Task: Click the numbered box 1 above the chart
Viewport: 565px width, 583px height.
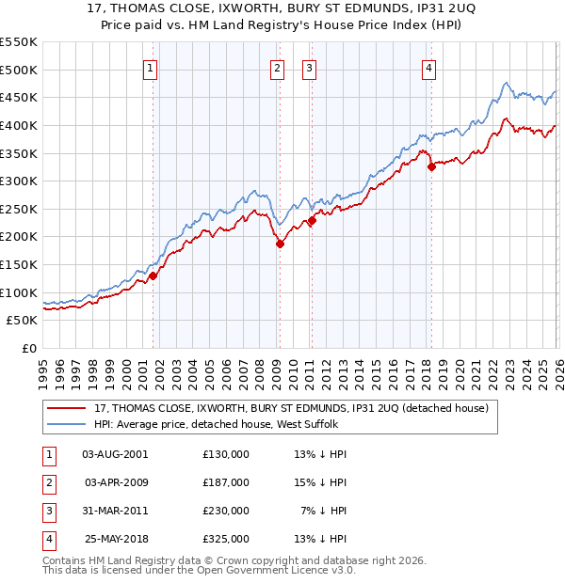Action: (x=152, y=67)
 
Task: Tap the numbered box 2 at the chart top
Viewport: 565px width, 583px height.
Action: (x=278, y=67)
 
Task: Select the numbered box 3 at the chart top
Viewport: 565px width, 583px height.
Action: (x=310, y=67)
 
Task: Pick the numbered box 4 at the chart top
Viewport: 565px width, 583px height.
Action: (x=429, y=67)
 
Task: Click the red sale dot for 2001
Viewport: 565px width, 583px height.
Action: (x=153, y=276)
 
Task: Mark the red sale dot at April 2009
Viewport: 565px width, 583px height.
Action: (x=279, y=244)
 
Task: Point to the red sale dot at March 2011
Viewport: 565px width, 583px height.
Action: (x=312, y=220)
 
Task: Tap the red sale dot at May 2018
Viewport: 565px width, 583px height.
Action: (x=430, y=167)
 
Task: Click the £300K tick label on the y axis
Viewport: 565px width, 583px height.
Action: (x=19, y=181)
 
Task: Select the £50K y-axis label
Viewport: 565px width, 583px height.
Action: (x=23, y=320)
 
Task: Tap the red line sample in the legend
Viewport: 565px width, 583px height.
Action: (x=69, y=408)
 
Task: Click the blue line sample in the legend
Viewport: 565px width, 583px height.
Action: (x=69, y=425)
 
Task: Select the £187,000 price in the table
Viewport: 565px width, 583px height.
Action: (x=226, y=482)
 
